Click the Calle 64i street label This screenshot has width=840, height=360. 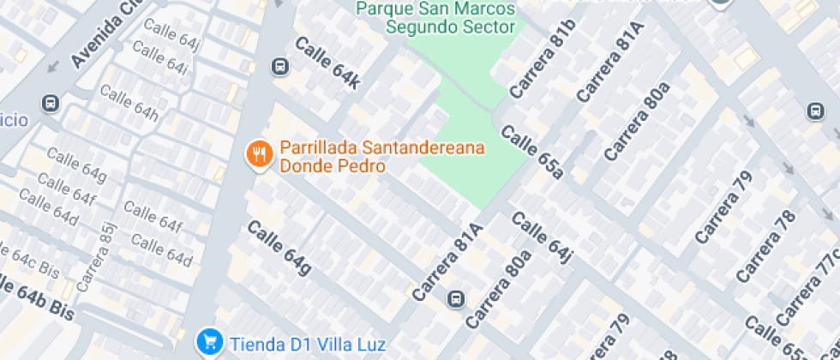(x=160, y=60)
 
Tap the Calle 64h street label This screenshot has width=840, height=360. (x=129, y=103)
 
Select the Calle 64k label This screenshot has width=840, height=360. (x=328, y=62)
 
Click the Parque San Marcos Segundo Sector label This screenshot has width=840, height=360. (x=436, y=17)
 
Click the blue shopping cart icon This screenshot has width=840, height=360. (x=208, y=343)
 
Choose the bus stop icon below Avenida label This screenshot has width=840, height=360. (x=51, y=104)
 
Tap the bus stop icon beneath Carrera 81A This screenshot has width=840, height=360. (x=456, y=299)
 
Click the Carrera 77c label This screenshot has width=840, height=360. (x=810, y=287)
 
